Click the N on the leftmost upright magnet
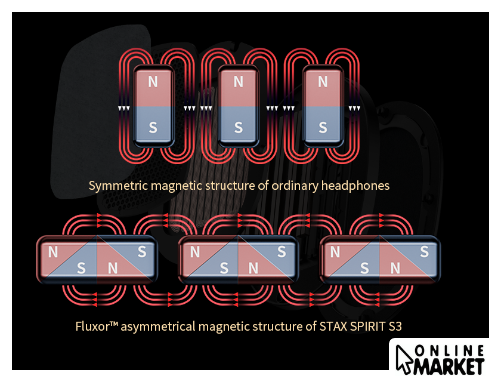point(153,82)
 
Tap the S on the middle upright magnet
point(239,127)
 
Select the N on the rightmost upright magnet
point(323,82)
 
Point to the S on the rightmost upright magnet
point(323,127)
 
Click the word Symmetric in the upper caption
point(118,186)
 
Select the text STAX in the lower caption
point(323,326)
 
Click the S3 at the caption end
point(400,326)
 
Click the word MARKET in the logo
point(448,364)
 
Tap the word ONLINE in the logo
point(448,349)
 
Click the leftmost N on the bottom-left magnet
point(53,252)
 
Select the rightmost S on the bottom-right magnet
point(424,252)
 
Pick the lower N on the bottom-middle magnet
point(253,268)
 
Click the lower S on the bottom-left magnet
point(82,268)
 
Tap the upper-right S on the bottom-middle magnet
point(283,252)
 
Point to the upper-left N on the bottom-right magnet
point(336,252)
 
